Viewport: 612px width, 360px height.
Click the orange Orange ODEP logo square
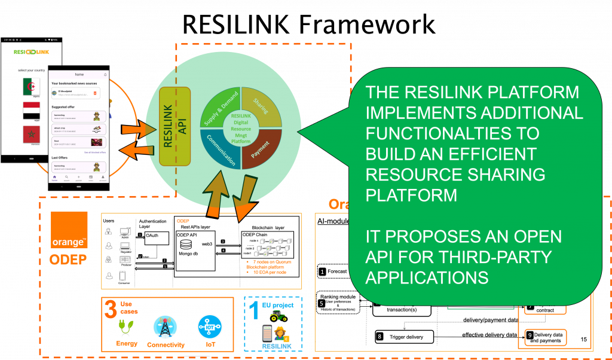pyautogui.click(x=69, y=230)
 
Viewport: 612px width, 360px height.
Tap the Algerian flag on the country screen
pyautogui.click(x=31, y=86)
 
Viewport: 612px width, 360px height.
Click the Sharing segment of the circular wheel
pyautogui.click(x=261, y=106)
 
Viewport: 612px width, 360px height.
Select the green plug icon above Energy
pyautogui.click(x=126, y=328)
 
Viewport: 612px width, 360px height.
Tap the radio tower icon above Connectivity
pyautogui.click(x=164, y=327)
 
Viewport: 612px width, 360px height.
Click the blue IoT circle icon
pyautogui.click(x=207, y=327)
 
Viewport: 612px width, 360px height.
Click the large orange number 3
pyautogui.click(x=111, y=310)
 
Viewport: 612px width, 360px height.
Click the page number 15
pyautogui.click(x=583, y=340)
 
